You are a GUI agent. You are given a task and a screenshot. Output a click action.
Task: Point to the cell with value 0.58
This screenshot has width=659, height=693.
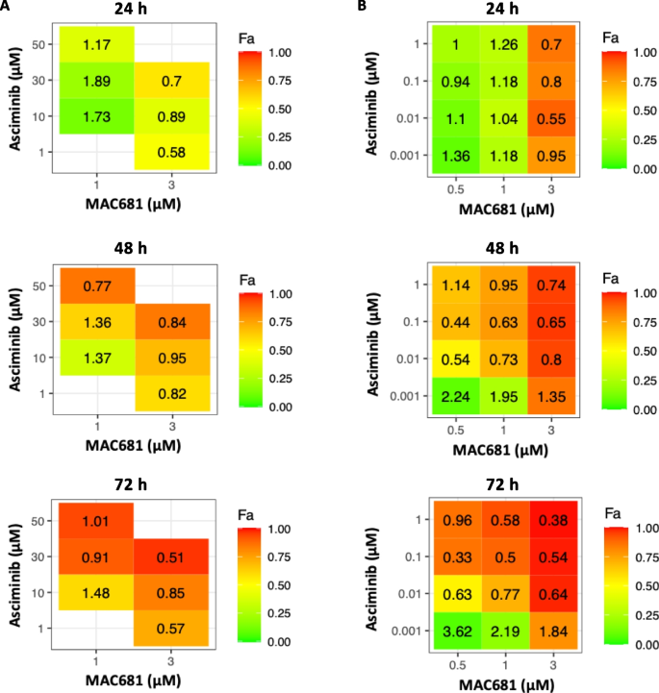click(x=170, y=152)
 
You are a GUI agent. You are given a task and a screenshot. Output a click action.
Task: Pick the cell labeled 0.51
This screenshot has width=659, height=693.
click(x=170, y=557)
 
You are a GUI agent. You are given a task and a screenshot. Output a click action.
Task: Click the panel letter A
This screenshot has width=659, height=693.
click(x=7, y=8)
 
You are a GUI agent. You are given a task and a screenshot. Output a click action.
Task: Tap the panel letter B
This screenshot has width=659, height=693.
click(x=363, y=8)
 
